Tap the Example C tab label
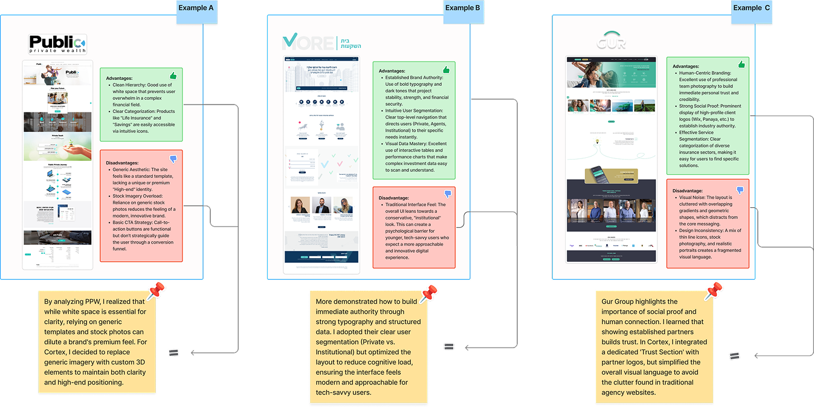point(752,8)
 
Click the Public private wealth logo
point(57,45)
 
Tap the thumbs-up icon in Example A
point(173,76)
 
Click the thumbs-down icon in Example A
point(173,160)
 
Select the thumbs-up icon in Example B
point(446,70)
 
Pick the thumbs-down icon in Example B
point(448,194)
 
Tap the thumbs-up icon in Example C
point(741,65)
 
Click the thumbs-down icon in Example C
point(740,190)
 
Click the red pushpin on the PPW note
point(156,291)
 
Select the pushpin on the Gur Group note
point(713,291)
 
